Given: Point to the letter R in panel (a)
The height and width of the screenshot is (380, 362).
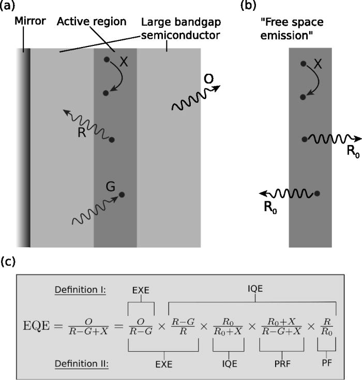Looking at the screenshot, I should (x=81, y=132).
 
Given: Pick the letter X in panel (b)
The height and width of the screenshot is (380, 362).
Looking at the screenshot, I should (x=319, y=64).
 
